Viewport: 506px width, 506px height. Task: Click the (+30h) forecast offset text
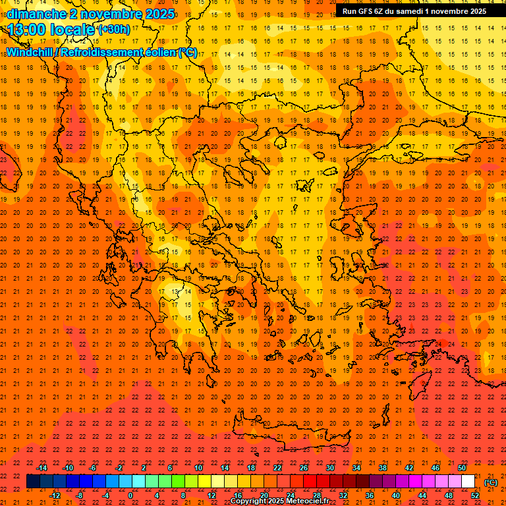tap(114, 30)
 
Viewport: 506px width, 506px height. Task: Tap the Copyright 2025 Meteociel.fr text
tap(279, 501)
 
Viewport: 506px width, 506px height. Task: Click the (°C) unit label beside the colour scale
tap(491, 482)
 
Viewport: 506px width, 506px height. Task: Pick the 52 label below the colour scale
tap(475, 495)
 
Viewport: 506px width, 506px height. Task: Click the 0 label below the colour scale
tap(130, 495)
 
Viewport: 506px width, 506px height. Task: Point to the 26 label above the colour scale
tap(304, 468)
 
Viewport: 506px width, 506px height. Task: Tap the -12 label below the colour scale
tap(55, 495)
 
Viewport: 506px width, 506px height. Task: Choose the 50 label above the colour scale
tap(462, 468)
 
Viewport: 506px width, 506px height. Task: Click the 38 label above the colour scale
tap(383, 468)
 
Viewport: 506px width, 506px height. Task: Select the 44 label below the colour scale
tap(422, 495)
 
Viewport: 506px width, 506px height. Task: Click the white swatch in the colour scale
tap(468, 482)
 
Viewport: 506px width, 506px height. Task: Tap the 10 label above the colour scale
tap(198, 468)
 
